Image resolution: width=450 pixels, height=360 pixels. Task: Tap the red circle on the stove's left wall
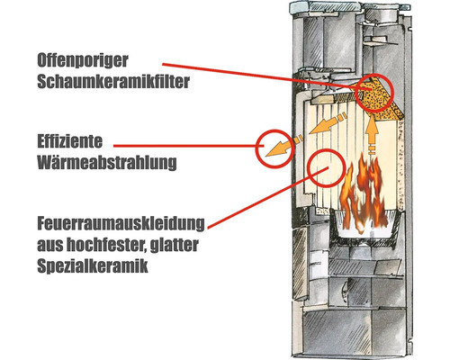pyautogui.click(x=273, y=148)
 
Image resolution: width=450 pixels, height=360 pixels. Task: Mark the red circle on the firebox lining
pyautogui.click(x=326, y=168)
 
